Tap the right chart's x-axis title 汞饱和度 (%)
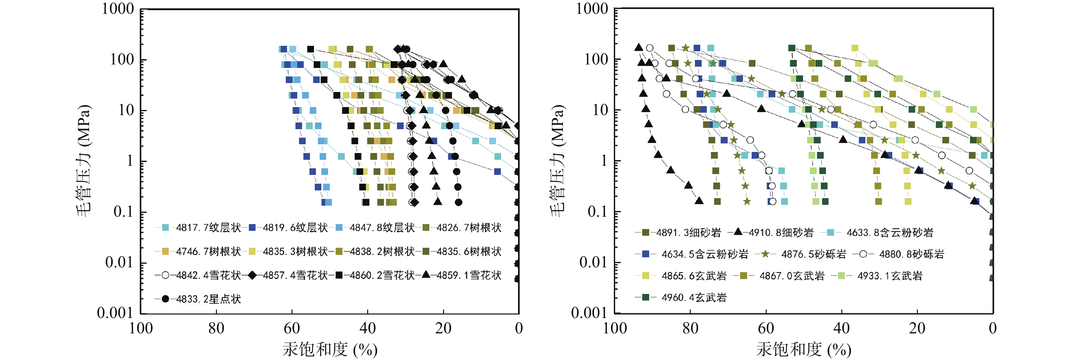pyautogui.click(x=803, y=349)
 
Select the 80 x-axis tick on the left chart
pyautogui.click(x=216, y=328)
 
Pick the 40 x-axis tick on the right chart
pyautogui.click(x=841, y=328)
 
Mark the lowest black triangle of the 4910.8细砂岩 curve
pyautogui.click(x=699, y=201)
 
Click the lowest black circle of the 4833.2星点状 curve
pyautogui.click(x=458, y=202)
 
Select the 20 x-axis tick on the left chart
pyautogui.click(x=443, y=328)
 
